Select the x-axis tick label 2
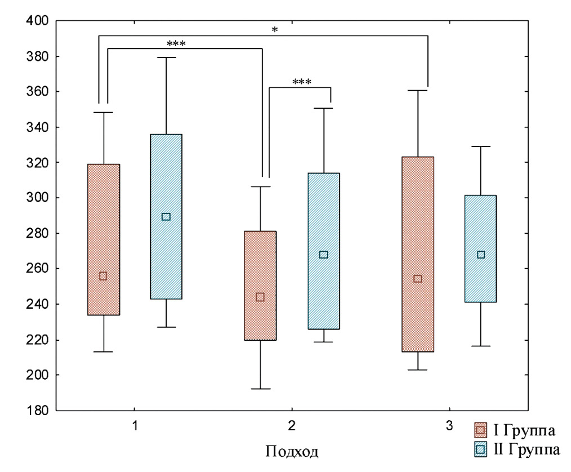292,426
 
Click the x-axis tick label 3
449,426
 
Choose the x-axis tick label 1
135,426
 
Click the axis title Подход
292,452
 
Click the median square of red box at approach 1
103,276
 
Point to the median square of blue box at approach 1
166,217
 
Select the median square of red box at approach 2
260,297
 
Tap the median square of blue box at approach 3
480,255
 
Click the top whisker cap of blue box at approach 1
166,57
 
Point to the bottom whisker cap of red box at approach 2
260,389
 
